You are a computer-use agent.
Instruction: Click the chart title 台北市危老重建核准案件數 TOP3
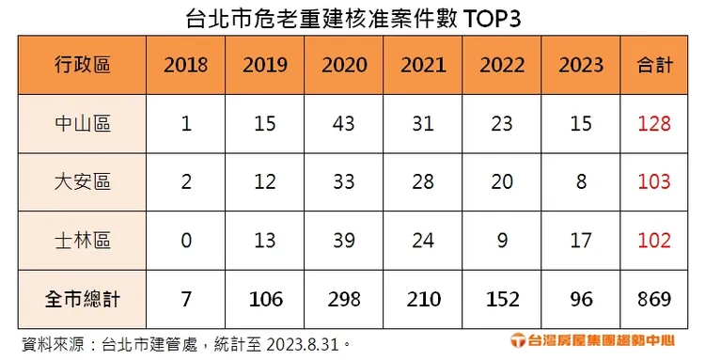(352, 18)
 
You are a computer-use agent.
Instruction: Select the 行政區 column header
(82, 65)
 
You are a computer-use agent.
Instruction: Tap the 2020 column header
(344, 65)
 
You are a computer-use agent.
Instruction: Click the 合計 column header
(653, 65)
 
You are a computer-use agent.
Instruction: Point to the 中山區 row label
(82, 124)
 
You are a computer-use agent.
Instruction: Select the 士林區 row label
(82, 241)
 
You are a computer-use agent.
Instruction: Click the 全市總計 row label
(82, 299)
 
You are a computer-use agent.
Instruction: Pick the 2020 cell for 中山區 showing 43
(344, 124)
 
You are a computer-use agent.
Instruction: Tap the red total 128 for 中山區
(653, 124)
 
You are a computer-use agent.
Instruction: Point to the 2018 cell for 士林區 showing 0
(186, 241)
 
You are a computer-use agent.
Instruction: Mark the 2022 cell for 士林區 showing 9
(502, 241)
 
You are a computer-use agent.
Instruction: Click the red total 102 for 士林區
(653, 241)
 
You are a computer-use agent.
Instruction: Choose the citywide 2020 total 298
(344, 299)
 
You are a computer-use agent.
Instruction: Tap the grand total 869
(653, 299)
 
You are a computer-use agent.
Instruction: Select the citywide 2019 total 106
(265, 299)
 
